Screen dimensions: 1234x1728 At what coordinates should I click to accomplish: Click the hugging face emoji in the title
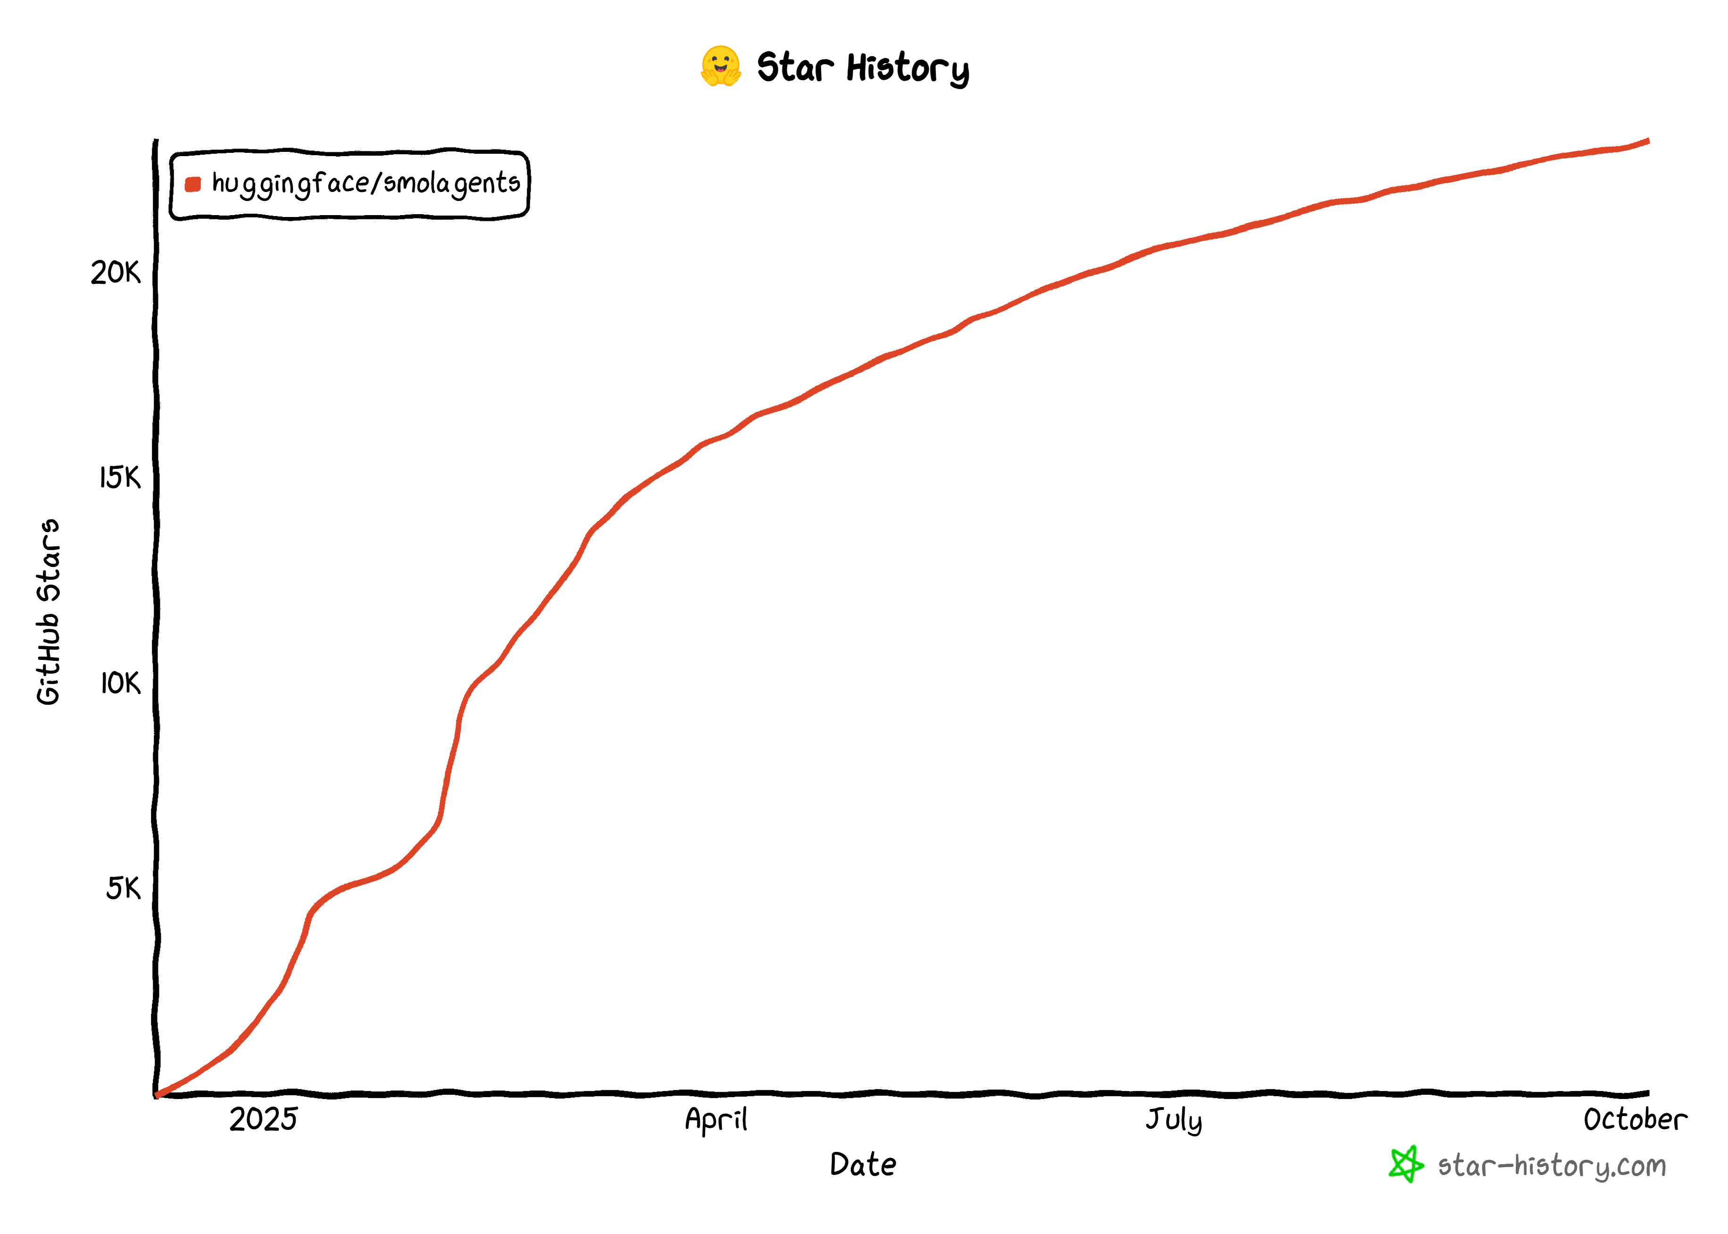tap(720, 67)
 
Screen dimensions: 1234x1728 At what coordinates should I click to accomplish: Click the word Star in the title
tap(795, 67)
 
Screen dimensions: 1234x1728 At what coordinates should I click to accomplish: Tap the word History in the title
tap(908, 68)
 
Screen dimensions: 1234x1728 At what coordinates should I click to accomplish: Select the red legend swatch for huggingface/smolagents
tap(193, 184)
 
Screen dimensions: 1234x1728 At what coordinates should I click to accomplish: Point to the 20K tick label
tap(116, 273)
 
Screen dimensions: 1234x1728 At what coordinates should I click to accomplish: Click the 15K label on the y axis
tap(120, 478)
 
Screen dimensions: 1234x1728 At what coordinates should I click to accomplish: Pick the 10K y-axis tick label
tap(120, 683)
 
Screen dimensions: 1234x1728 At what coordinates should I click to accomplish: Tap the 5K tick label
tap(123, 887)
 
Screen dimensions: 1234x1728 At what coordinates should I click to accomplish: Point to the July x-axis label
tap(1173, 1120)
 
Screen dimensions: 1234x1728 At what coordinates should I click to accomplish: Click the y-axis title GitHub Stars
tap(49, 612)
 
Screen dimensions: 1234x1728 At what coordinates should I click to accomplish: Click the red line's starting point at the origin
tap(157, 1095)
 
